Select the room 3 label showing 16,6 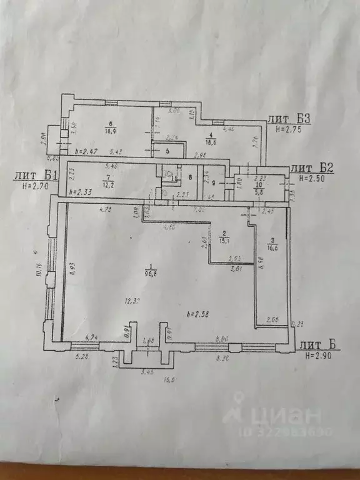coord(272,246)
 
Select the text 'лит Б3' coord(289,118)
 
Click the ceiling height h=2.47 coord(86,152)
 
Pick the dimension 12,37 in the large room coord(132,301)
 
